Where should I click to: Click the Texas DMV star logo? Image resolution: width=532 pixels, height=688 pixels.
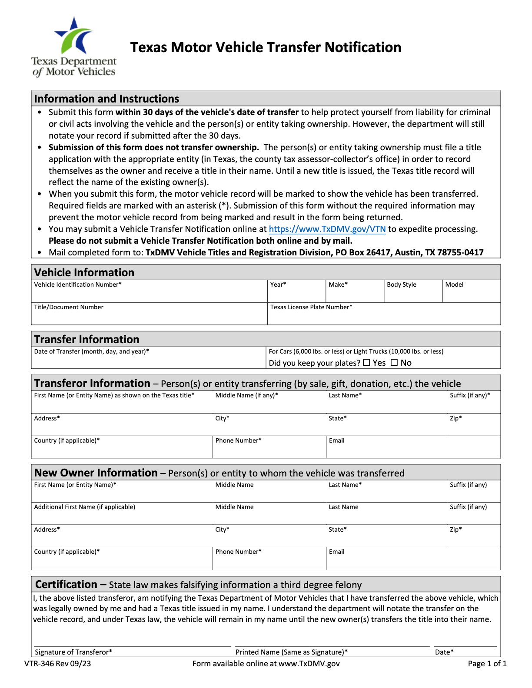(74, 36)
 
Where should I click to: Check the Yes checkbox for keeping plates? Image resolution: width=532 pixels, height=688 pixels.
(366, 362)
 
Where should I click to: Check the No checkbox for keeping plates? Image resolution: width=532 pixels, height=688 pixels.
(394, 362)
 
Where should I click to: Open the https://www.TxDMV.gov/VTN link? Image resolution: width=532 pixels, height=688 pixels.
(327, 229)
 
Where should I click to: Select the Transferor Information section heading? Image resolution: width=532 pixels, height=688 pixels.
(92, 383)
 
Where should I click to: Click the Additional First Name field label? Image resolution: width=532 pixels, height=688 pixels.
(85, 507)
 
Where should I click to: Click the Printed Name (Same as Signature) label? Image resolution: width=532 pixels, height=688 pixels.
(291, 652)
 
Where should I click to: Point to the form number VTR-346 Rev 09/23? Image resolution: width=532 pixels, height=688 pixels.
(58, 663)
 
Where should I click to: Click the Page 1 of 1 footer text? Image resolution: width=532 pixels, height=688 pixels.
(487, 663)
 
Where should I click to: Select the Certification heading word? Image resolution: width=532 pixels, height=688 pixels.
(66, 584)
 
